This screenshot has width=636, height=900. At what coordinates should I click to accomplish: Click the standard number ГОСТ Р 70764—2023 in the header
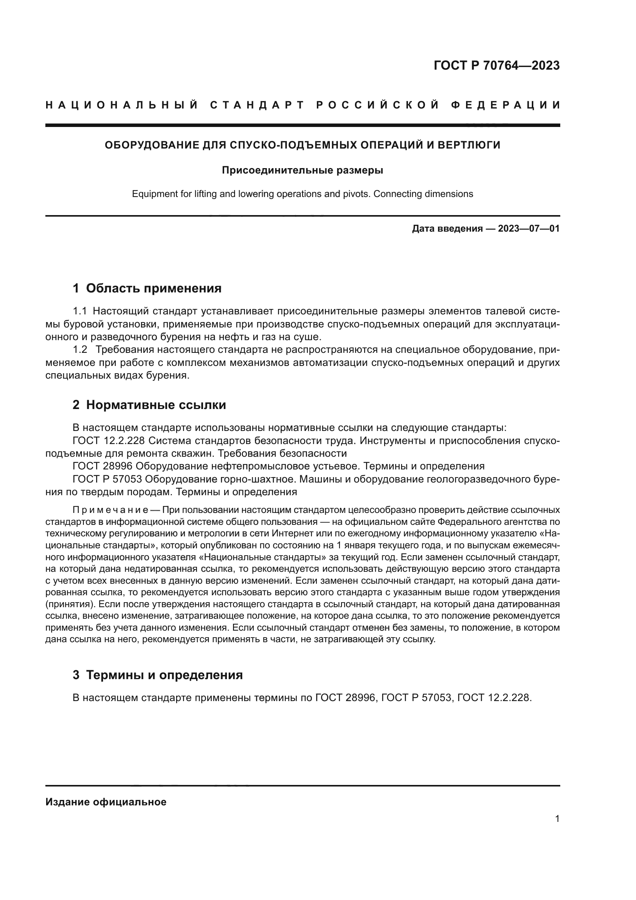point(496,65)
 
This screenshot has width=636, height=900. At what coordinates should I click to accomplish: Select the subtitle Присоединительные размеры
point(302,170)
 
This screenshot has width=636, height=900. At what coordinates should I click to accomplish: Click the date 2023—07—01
point(529,229)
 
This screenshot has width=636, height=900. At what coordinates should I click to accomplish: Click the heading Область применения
point(153,288)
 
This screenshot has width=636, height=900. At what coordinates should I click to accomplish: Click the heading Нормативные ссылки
point(156,404)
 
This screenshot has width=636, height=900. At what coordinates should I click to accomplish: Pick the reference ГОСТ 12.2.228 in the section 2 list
point(109,441)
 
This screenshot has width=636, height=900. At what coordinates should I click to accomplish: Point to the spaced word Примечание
point(110,510)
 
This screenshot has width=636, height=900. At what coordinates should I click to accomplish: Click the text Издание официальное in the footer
point(106,801)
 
